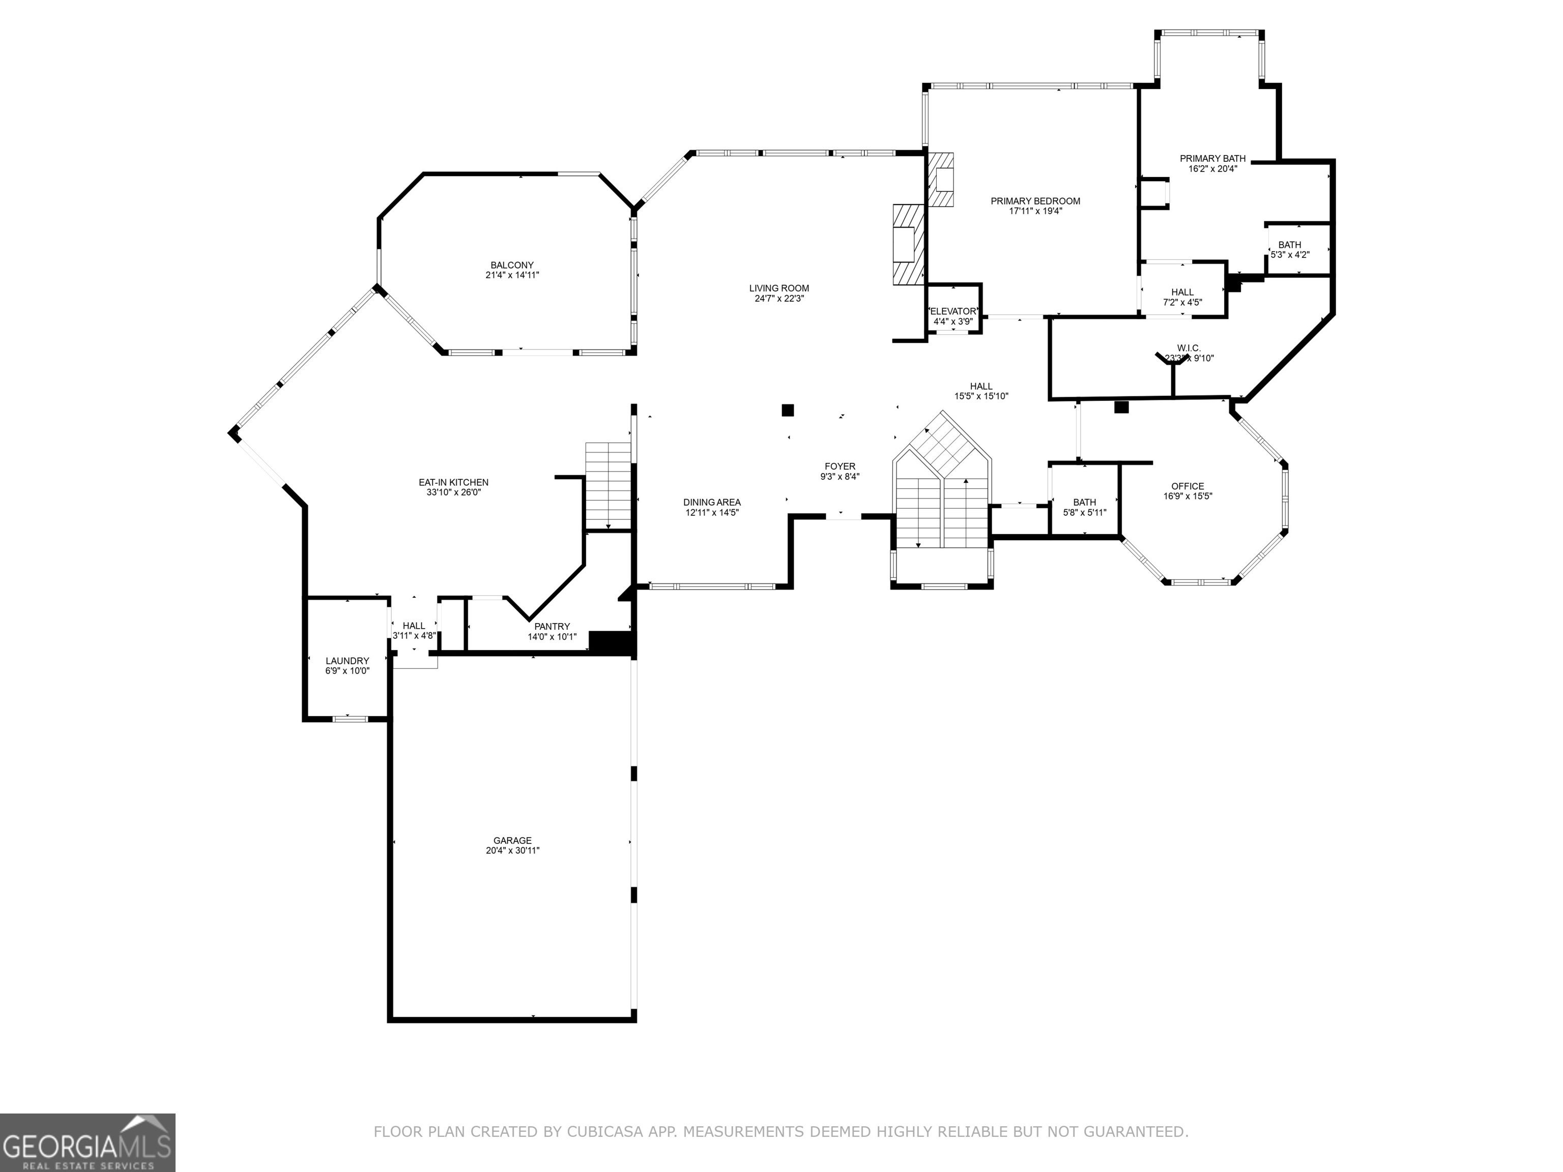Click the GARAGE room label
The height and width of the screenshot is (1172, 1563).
click(512, 841)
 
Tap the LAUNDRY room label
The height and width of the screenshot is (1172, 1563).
click(347, 661)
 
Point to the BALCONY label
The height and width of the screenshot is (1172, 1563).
click(512, 266)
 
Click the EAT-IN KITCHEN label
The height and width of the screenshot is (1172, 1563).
click(454, 483)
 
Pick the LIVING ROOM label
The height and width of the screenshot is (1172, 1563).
click(779, 288)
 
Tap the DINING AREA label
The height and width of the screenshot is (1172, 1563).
click(712, 502)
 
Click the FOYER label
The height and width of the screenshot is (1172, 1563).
click(840, 466)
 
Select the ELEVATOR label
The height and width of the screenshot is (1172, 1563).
click(953, 311)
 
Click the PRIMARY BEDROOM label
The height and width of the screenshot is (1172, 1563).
click(1035, 201)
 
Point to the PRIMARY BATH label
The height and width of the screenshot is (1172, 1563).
click(1212, 159)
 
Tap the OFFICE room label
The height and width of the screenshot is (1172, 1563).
click(1188, 486)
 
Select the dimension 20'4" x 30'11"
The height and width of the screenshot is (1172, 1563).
click(512, 851)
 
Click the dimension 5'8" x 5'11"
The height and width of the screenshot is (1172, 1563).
click(1085, 513)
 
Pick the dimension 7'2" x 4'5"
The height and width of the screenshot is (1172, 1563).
click(1182, 302)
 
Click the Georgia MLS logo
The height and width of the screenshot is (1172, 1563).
click(88, 1143)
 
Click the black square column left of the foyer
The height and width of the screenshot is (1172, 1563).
click(788, 409)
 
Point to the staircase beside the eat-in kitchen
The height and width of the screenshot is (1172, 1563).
click(607, 485)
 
